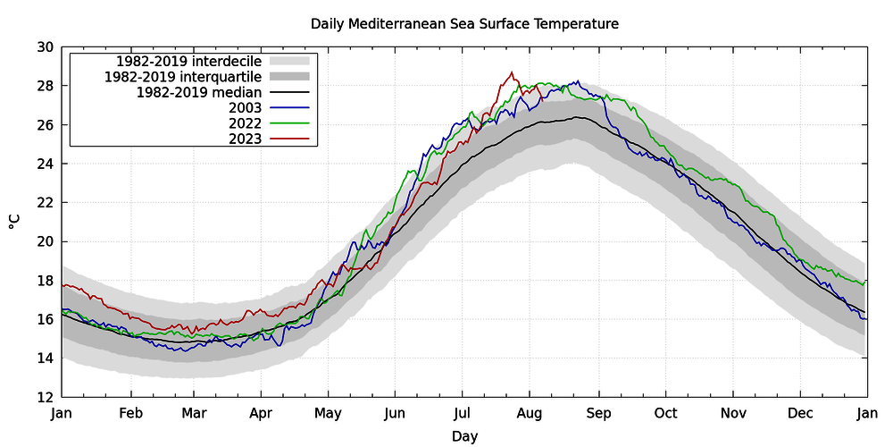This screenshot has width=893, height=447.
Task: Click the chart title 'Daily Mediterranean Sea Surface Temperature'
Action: coord(464,24)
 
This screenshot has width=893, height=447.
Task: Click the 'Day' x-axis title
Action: coord(464,437)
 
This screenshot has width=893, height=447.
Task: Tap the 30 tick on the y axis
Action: coord(46,47)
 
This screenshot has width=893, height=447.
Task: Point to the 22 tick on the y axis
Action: coord(46,203)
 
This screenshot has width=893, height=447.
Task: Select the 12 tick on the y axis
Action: coord(46,398)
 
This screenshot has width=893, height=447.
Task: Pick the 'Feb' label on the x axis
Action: coord(131,414)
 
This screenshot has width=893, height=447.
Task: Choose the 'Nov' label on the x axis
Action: coord(732,414)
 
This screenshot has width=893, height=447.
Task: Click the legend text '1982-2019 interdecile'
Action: coord(189,61)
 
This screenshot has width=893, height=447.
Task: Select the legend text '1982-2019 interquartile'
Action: coord(183,76)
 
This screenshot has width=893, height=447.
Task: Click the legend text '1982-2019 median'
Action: coord(199,92)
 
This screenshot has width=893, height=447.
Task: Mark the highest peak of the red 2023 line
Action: coord(512,72)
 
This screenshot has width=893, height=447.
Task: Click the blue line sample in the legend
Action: coord(288,107)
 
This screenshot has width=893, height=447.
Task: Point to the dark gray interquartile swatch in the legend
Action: coord(288,76)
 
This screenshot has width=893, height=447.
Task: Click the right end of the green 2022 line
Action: coord(865,281)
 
